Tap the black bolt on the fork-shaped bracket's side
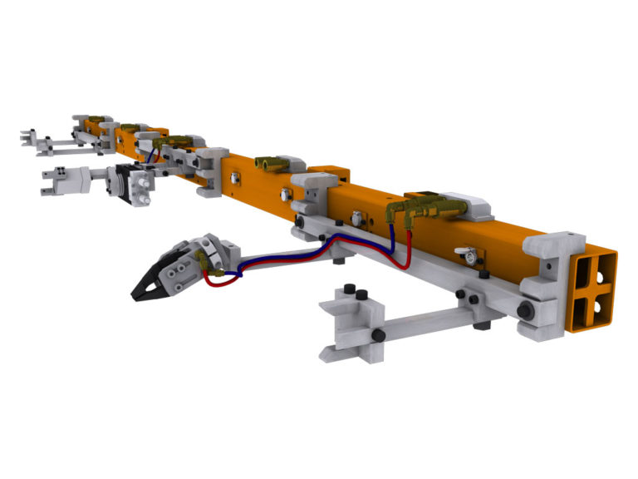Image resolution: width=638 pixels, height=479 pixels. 378,334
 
